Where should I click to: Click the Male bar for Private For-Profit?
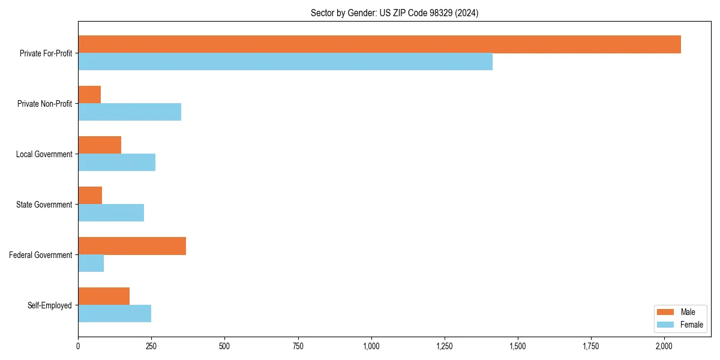[x=379, y=44]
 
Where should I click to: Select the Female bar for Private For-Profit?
[x=285, y=62]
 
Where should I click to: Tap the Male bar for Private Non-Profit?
[x=89, y=95]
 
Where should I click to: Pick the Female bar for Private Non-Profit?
[x=130, y=112]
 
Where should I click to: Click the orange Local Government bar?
[x=100, y=145]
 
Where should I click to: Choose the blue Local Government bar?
[x=116, y=163]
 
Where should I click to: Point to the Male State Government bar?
[x=90, y=196]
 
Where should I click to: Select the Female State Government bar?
[x=111, y=213]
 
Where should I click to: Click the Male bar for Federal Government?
[x=132, y=246]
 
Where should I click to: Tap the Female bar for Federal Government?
[x=91, y=263]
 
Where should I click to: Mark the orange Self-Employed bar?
[x=104, y=296]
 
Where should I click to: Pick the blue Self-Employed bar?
[x=115, y=314]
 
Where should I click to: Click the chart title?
[x=394, y=13]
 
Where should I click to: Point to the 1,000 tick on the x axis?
[x=371, y=346]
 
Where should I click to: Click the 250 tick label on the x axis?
[x=151, y=346]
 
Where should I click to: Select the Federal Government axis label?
[x=41, y=255]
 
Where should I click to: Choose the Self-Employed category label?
[x=50, y=305]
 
